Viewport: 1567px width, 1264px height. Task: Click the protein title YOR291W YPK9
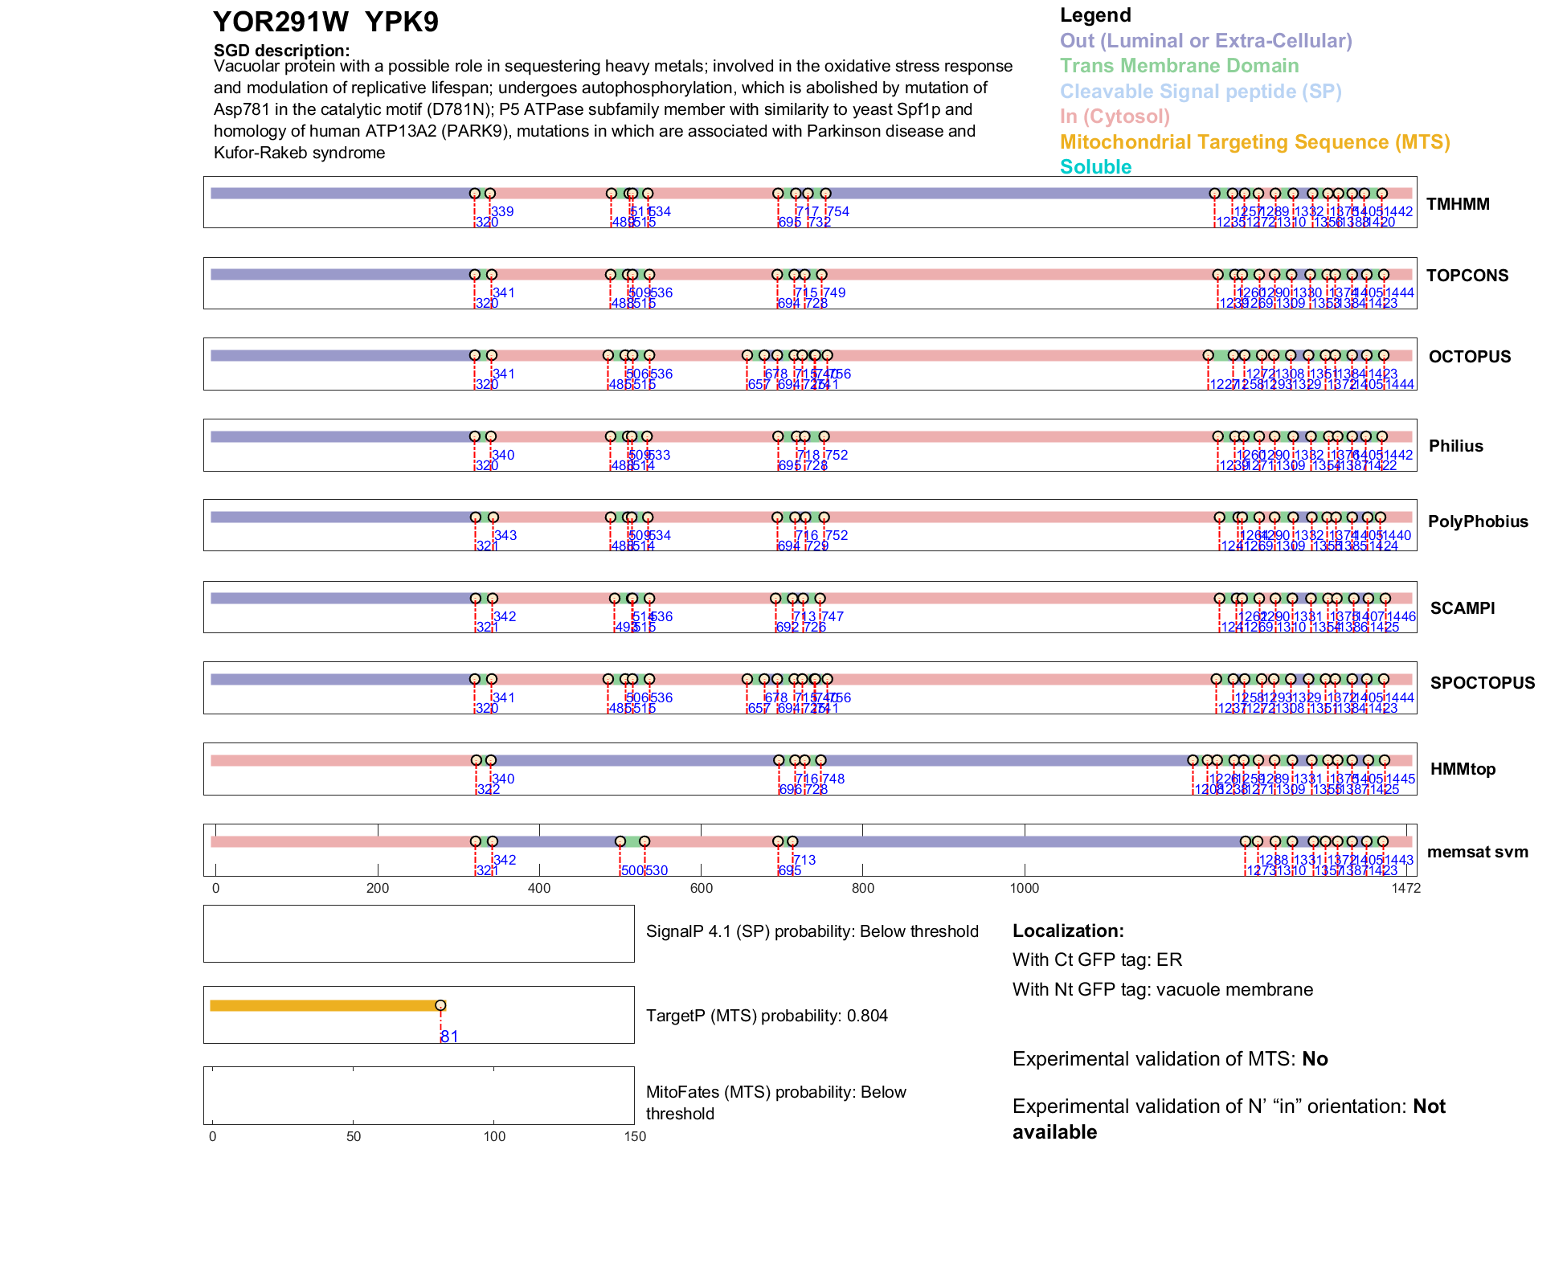pyautogui.click(x=325, y=22)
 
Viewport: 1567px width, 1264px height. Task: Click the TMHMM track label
pyautogui.click(x=1458, y=204)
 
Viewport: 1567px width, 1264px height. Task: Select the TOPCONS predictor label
pyautogui.click(x=1467, y=276)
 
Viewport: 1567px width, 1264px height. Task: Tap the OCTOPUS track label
pyautogui.click(x=1469, y=357)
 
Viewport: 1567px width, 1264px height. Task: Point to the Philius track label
pyautogui.click(x=1455, y=446)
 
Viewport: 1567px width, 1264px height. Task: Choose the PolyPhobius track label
pyautogui.click(x=1477, y=522)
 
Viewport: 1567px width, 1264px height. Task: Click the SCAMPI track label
pyautogui.click(x=1462, y=608)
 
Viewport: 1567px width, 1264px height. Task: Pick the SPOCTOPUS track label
pyautogui.click(x=1482, y=683)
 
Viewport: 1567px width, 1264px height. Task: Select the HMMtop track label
pyautogui.click(x=1463, y=769)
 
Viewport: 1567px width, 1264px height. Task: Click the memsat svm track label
pyautogui.click(x=1477, y=852)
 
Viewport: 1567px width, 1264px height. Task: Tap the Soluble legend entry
pyautogui.click(x=1095, y=167)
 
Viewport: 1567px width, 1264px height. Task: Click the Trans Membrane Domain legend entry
pyautogui.click(x=1179, y=66)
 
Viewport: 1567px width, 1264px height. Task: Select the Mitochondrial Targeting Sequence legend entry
pyautogui.click(x=1254, y=142)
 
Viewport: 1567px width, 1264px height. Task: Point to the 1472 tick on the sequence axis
pyautogui.click(x=1405, y=888)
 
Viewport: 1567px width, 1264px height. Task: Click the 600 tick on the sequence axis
pyautogui.click(x=701, y=888)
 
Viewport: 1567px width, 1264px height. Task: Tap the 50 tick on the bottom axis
pyautogui.click(x=353, y=1136)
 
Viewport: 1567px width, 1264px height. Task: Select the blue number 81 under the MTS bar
pyautogui.click(x=449, y=1037)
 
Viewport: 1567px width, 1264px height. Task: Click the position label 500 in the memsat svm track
pyautogui.click(x=632, y=870)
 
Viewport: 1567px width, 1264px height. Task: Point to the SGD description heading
pyautogui.click(x=281, y=51)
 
